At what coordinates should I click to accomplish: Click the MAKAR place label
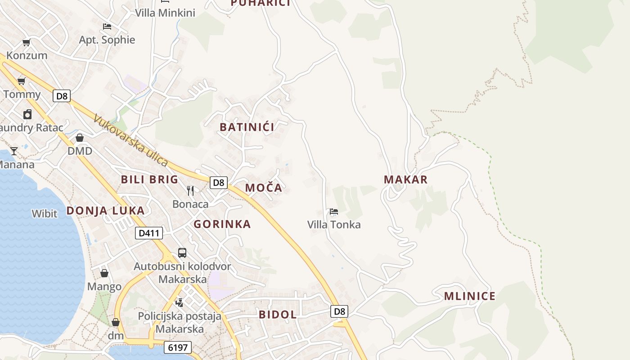pos(405,180)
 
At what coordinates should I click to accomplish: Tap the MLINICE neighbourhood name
pos(469,296)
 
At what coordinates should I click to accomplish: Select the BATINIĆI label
pos(247,127)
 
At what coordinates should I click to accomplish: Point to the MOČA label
pos(264,188)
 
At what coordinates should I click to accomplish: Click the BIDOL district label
pos(278,315)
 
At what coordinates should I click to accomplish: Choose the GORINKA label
pos(222,224)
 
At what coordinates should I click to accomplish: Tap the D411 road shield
pos(149,233)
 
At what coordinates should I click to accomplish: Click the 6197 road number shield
pos(178,347)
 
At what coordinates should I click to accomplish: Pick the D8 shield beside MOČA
pos(218,182)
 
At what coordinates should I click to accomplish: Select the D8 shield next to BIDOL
pos(340,311)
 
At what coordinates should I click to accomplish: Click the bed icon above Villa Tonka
pos(334,211)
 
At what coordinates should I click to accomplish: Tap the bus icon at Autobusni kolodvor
pos(182,253)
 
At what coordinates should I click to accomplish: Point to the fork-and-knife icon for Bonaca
pos(190,191)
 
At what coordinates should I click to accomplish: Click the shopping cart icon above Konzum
pos(27,43)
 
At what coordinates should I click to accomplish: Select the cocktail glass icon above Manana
pos(14,151)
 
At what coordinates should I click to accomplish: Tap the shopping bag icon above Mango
pos(104,273)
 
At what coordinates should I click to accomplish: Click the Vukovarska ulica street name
pos(130,140)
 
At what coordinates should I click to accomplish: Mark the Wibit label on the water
pos(45,213)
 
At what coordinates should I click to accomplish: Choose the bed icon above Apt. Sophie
pos(107,27)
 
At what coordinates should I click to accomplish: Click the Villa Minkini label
pos(165,13)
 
